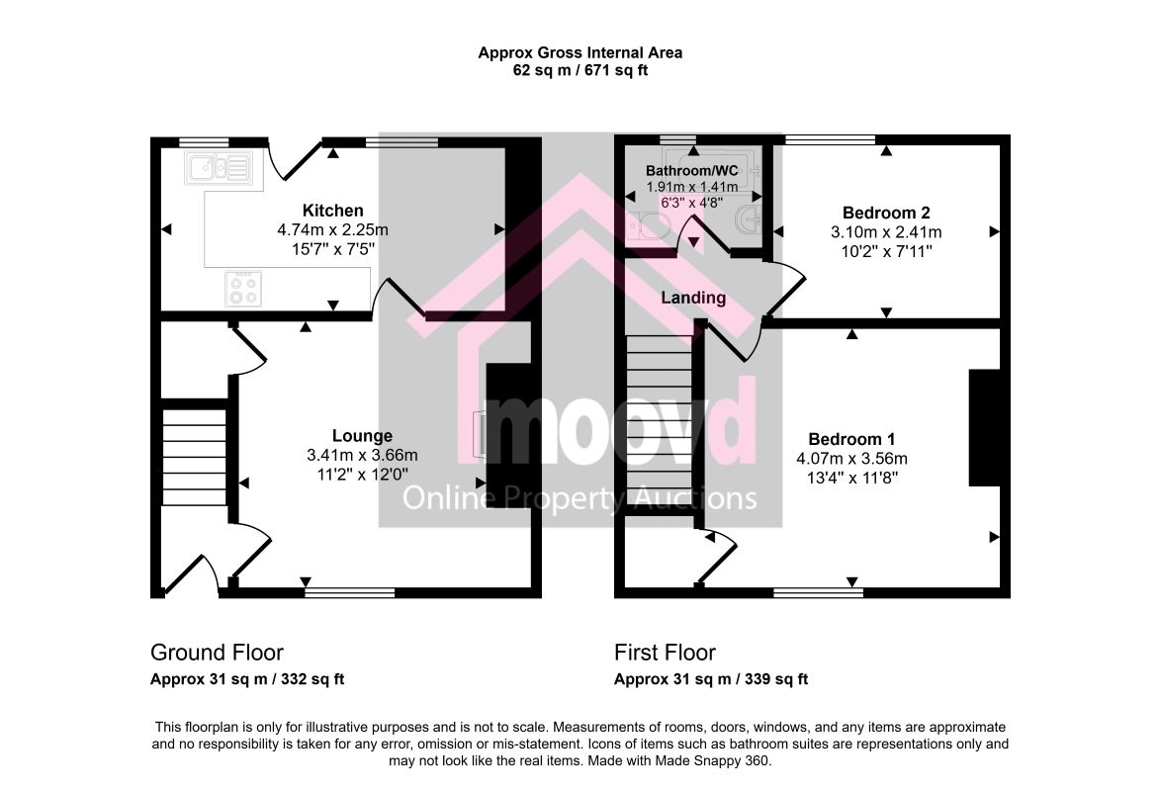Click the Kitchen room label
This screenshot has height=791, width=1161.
(x=332, y=211)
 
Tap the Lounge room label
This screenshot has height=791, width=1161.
(x=362, y=435)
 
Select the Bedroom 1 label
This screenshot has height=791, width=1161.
(x=851, y=439)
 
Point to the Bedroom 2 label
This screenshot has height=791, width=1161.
(x=886, y=214)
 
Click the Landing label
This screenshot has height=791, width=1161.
(x=693, y=298)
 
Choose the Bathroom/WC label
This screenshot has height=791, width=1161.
(x=691, y=171)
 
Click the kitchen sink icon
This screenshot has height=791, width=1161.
(x=219, y=168)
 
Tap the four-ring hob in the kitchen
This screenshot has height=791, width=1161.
(x=243, y=288)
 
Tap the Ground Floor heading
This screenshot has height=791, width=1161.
(x=217, y=653)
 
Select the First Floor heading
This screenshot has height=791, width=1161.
(x=665, y=653)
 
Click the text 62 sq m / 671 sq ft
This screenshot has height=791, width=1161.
(x=580, y=71)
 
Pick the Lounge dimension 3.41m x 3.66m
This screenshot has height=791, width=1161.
(x=362, y=455)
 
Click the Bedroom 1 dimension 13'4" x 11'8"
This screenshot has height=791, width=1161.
(x=852, y=478)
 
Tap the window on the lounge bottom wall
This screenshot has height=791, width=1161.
(x=349, y=592)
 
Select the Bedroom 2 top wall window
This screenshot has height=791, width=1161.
(x=830, y=139)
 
